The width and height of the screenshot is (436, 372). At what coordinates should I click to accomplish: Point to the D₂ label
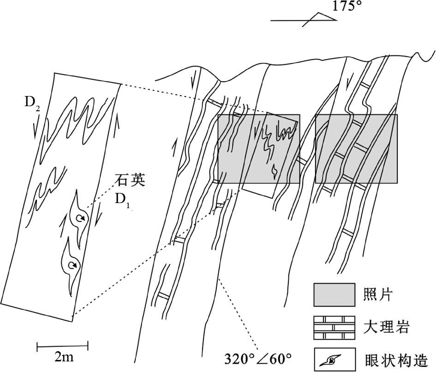(32, 102)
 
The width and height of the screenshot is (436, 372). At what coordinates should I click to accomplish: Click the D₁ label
(123, 200)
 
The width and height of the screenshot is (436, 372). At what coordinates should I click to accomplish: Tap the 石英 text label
(131, 180)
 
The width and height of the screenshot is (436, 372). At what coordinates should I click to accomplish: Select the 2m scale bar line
(62, 345)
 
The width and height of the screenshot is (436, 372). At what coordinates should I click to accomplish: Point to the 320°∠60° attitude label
(258, 358)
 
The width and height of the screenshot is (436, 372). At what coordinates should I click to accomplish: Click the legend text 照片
(378, 294)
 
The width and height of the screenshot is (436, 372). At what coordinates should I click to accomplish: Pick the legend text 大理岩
(387, 328)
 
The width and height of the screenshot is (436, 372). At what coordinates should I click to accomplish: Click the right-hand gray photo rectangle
(356, 148)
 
